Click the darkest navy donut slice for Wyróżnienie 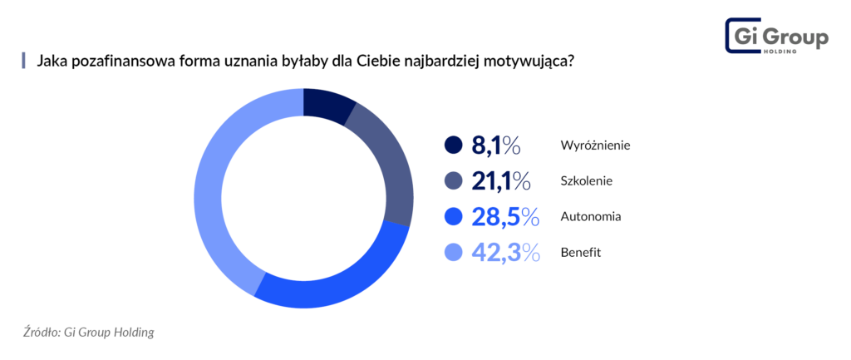pyautogui.click(x=328, y=103)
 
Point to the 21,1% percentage pyautogui.click(x=500, y=180)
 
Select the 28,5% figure pyautogui.click(x=500, y=216)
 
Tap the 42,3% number pyautogui.click(x=500, y=252)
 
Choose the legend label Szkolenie pyautogui.click(x=587, y=180)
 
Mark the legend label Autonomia pyautogui.click(x=592, y=216)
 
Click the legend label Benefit pyautogui.click(x=581, y=252)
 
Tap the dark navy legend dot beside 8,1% pyautogui.click(x=453, y=145)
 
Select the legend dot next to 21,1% pyautogui.click(x=453, y=180)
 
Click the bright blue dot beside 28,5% pyautogui.click(x=453, y=216)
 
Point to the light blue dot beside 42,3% pyautogui.click(x=453, y=252)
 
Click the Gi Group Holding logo pyautogui.click(x=776, y=37)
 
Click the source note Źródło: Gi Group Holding pyautogui.click(x=89, y=332)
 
